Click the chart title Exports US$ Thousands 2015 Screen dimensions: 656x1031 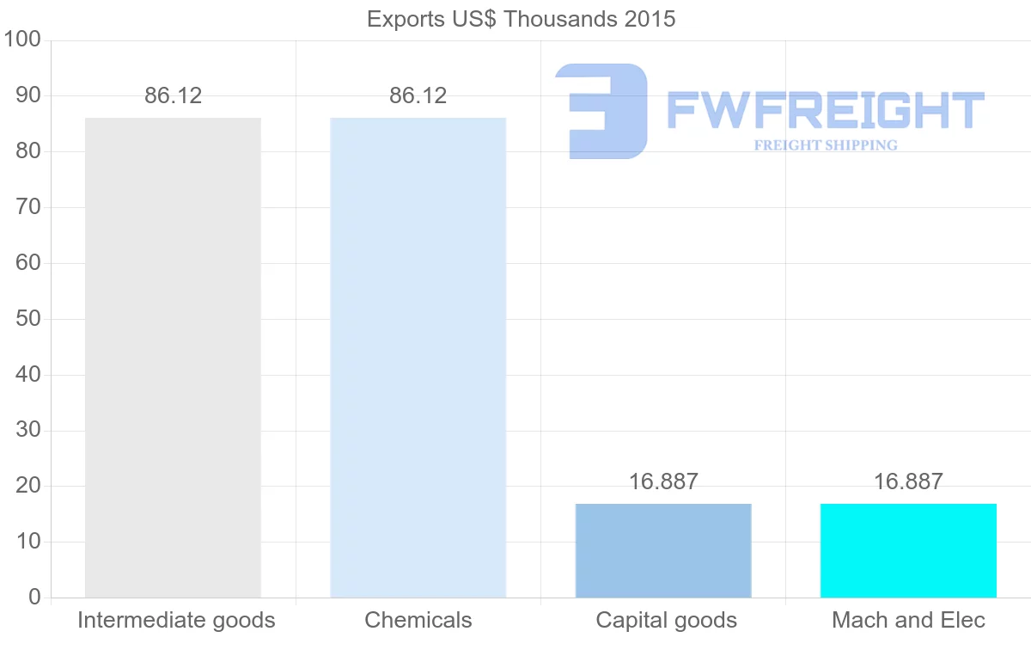click(x=521, y=19)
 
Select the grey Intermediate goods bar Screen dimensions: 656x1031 click(x=173, y=357)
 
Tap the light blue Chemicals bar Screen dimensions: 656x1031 click(x=418, y=357)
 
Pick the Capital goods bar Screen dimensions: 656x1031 click(x=663, y=550)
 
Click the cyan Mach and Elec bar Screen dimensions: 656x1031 click(x=908, y=550)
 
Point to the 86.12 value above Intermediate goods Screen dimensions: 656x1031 click(x=173, y=95)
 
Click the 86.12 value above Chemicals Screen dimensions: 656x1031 click(x=418, y=95)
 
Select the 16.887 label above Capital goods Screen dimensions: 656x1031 click(x=663, y=481)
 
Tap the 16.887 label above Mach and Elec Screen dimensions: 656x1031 click(x=908, y=481)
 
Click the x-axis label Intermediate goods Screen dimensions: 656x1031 click(x=176, y=620)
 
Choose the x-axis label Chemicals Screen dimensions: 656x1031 click(x=418, y=620)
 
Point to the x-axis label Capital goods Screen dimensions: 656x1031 click(x=666, y=620)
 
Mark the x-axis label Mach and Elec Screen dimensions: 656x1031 click(x=908, y=620)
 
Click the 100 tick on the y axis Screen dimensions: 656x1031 click(x=22, y=40)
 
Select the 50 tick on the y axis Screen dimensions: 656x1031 click(x=28, y=319)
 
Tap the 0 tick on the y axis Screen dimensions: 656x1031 click(x=34, y=598)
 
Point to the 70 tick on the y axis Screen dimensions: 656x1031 click(x=28, y=207)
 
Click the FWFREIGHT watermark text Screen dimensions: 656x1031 click(x=825, y=110)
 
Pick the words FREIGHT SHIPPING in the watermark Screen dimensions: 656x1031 click(x=825, y=145)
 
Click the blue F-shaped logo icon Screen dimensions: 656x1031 click(x=601, y=111)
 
